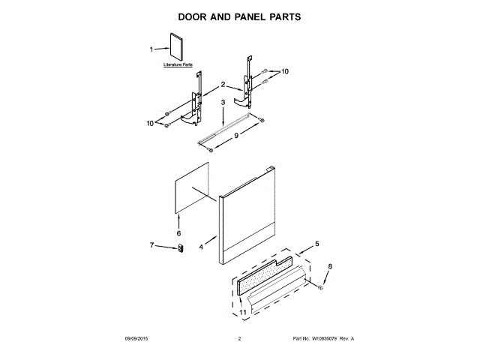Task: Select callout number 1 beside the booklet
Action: coord(151,49)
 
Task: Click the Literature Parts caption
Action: coord(178,66)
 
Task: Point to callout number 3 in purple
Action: coord(223,102)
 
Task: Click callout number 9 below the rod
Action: coord(236,136)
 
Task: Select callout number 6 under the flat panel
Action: coord(179,233)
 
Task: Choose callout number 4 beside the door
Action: coord(202,247)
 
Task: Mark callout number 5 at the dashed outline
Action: coord(316,243)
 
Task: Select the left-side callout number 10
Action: coord(150,122)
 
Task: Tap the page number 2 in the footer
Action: coord(239,339)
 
